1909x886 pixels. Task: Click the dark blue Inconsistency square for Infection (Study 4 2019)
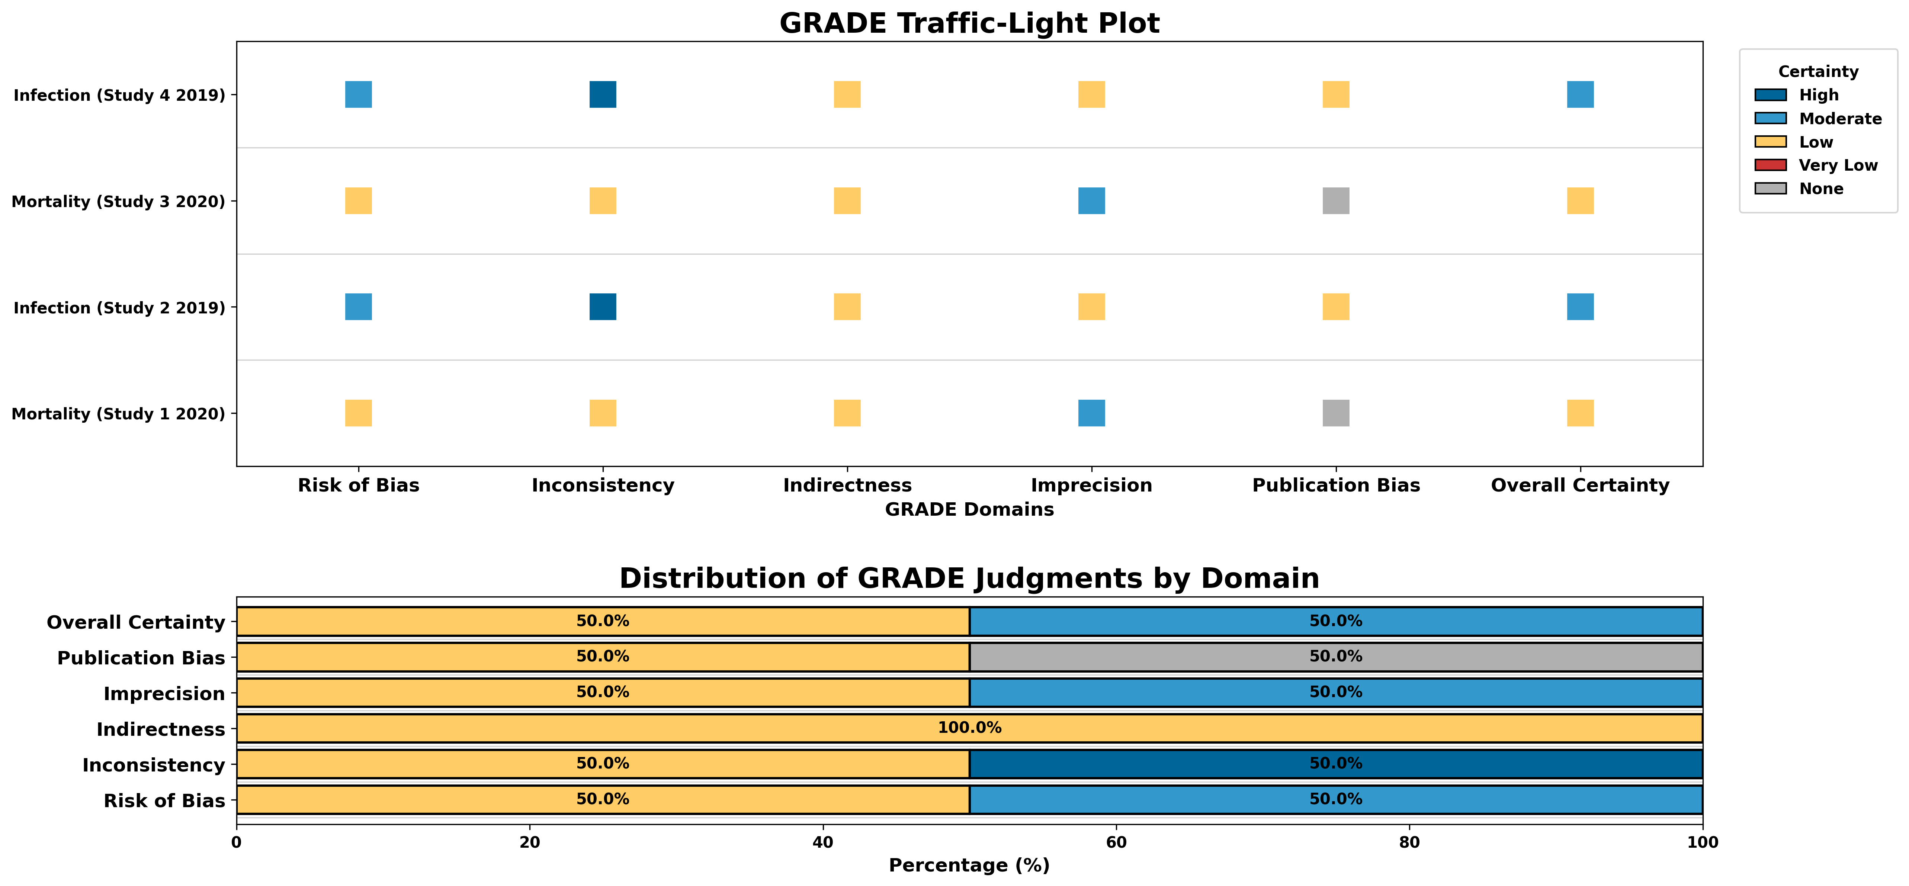(x=603, y=95)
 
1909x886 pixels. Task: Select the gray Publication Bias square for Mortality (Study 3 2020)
(x=1335, y=201)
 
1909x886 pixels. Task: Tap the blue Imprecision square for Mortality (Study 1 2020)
(x=1091, y=413)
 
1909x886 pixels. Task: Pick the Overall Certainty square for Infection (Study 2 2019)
(x=1580, y=307)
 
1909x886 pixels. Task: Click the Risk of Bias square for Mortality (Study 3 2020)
(x=359, y=201)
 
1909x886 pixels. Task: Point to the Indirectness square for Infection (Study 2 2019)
(x=847, y=307)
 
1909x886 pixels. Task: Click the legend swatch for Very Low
(x=1770, y=165)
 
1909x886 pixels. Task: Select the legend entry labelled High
(x=1819, y=95)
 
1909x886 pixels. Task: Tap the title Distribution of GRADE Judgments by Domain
(x=969, y=579)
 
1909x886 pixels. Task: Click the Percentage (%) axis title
(x=969, y=865)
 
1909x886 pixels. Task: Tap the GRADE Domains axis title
(x=969, y=510)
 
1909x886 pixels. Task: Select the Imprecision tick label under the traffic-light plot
(x=1091, y=485)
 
